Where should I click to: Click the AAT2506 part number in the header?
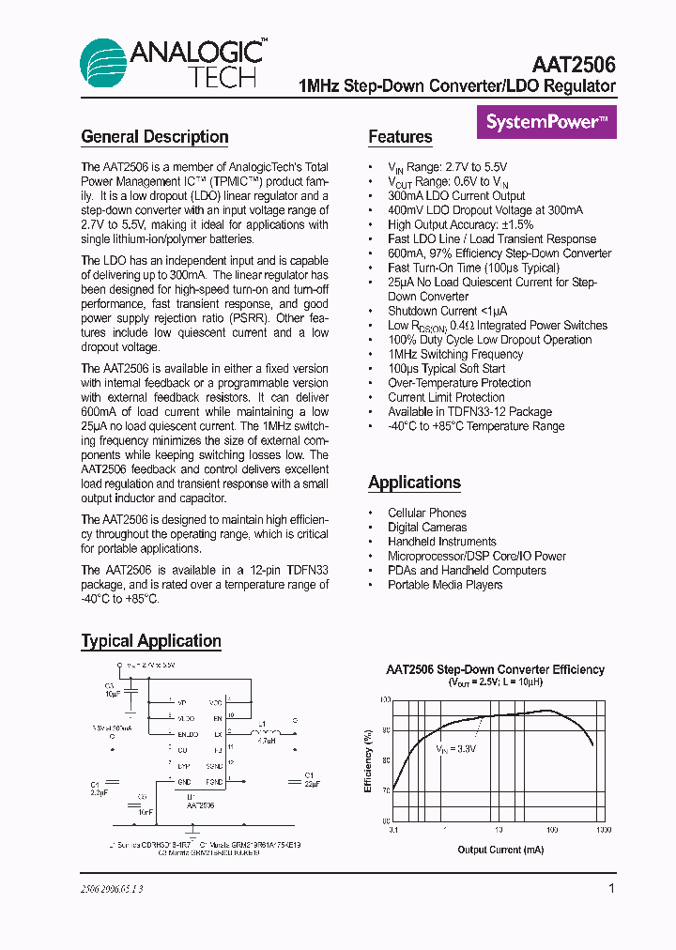click(573, 65)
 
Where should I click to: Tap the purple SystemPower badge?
click(547, 121)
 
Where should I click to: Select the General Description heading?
click(155, 137)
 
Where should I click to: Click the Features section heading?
click(400, 137)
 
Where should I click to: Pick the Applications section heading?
click(414, 483)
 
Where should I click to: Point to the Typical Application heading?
click(151, 641)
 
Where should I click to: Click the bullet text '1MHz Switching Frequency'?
click(455, 354)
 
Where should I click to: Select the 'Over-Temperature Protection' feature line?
click(459, 383)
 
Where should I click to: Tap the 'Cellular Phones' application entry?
click(426, 513)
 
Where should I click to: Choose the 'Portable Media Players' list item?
click(445, 585)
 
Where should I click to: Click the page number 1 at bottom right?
click(612, 888)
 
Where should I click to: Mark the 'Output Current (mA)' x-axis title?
click(500, 850)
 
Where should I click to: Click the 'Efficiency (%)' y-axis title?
click(369, 760)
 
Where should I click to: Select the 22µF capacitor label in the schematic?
click(312, 782)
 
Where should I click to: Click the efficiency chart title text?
click(496, 669)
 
